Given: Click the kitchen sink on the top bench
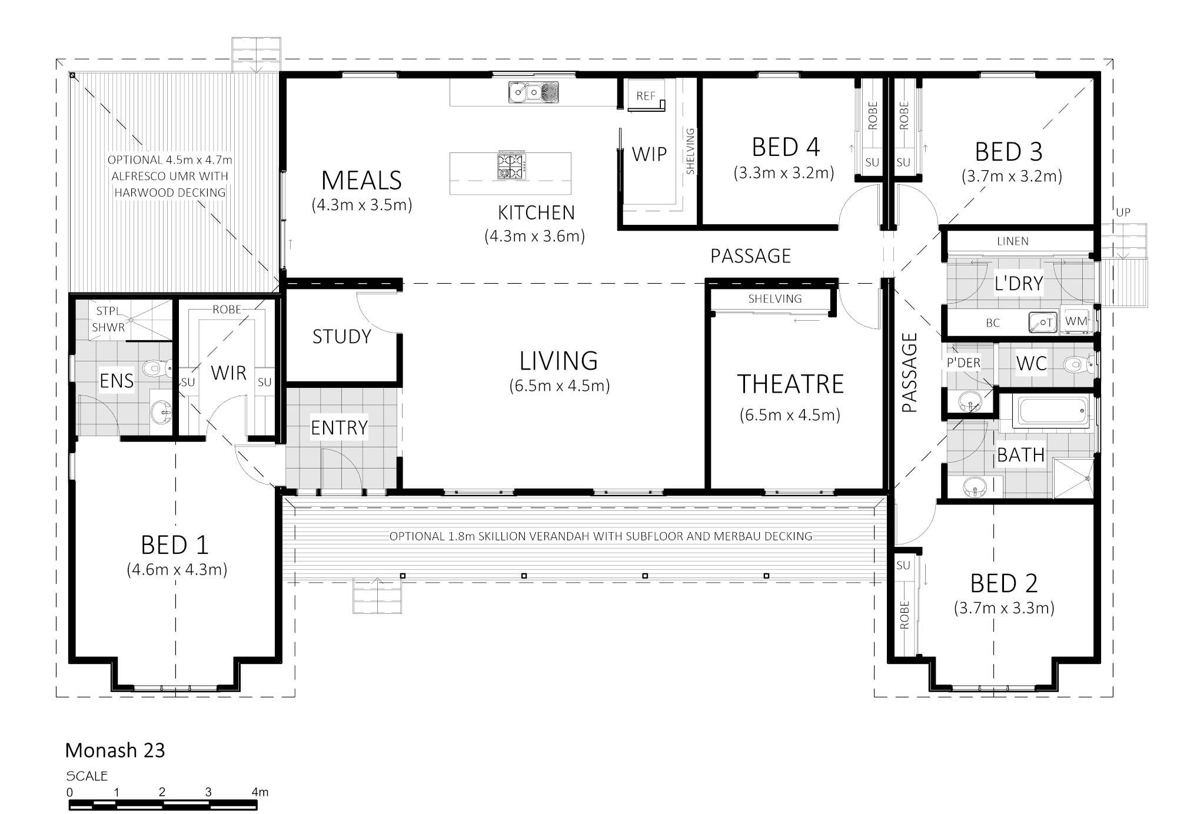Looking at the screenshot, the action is coord(534,92).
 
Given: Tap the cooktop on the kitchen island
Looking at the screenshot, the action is coord(511,165).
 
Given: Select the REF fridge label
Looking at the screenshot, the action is coord(646,96).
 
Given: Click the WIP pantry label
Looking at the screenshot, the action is coord(649,154).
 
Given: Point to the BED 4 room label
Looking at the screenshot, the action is coord(786,147).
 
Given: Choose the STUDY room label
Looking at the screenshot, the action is coord(341,337).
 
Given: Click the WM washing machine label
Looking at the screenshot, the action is coord(1076,321).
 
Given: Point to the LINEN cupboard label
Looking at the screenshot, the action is coord(1013,241).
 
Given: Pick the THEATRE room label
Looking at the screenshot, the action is coord(790,384).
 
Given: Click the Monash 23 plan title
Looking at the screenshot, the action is coord(115,750).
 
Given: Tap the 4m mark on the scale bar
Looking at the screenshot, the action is coord(260,792).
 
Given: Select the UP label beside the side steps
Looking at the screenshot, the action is coord(1123,212).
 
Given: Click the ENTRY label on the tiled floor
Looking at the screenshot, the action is coord(339,428).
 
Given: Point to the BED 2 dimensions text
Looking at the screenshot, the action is coord(1004,608).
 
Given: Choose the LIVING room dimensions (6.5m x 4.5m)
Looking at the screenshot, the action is coord(559,386).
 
